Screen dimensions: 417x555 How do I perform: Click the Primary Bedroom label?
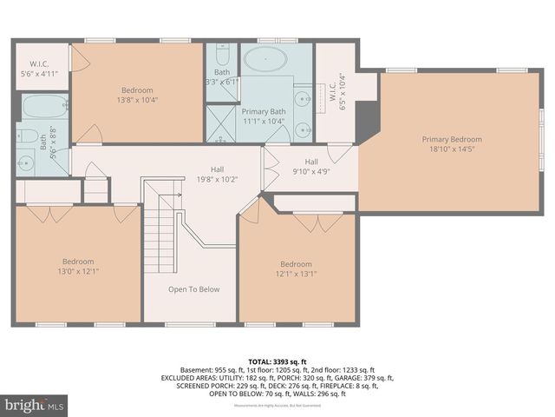click(452, 139)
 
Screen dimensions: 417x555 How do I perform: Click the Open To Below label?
click(194, 289)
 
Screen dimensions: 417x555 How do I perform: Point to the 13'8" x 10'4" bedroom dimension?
click(137, 101)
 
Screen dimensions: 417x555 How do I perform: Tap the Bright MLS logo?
click(34, 405)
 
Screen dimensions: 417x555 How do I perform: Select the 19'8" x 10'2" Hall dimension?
click(217, 180)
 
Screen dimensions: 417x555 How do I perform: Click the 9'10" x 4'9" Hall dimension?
click(310, 172)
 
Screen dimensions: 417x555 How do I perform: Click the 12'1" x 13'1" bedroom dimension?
click(296, 275)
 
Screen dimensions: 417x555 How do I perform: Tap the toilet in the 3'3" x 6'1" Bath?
click(221, 52)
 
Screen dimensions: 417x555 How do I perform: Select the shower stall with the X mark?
click(220, 123)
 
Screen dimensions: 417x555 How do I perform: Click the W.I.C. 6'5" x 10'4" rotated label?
click(337, 91)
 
